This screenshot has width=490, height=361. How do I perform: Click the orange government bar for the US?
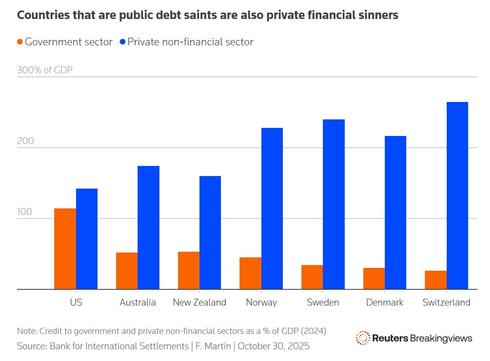point(65,248)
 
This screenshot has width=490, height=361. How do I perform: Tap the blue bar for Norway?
point(272,208)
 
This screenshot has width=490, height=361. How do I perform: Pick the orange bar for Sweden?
point(312,277)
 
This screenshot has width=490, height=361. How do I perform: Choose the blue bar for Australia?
point(148,227)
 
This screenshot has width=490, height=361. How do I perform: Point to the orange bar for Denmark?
point(374,278)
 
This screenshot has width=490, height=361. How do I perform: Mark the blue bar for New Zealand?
point(210,232)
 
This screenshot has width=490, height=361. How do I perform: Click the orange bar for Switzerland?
point(436,280)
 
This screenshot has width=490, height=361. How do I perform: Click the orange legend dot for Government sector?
point(20,42)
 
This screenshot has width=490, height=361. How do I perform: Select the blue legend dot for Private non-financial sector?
point(123,42)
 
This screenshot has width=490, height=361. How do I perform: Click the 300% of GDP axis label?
point(45,70)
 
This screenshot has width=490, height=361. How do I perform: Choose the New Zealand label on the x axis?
point(199,302)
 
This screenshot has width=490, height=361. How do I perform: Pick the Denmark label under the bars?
point(384,302)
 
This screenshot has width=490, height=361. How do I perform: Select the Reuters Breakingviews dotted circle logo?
point(363,338)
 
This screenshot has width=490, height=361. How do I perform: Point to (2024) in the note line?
point(313,331)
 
